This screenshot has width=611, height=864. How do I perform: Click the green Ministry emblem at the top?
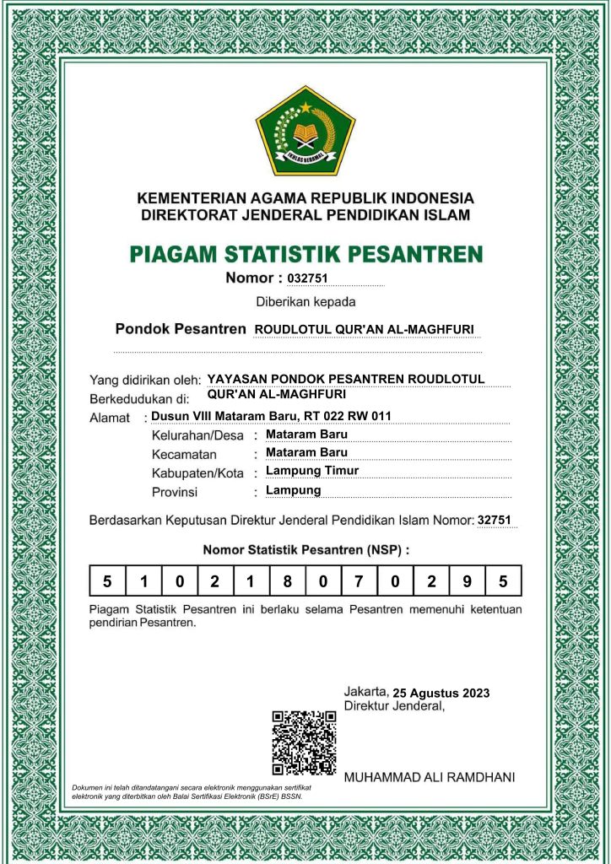[305, 130]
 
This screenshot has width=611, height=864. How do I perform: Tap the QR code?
[304, 742]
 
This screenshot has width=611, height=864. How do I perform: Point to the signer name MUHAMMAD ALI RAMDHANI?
[430, 776]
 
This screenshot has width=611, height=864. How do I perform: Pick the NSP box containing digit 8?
[287, 581]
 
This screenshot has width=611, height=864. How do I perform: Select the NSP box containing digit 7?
[359, 581]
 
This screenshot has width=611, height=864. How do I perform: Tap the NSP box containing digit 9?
[467, 581]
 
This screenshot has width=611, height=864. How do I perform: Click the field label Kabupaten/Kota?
[197, 472]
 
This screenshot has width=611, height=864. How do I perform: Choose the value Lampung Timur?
[311, 471]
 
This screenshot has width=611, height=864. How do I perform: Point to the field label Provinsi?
[175, 492]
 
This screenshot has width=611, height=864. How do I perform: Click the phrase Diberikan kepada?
[305, 301]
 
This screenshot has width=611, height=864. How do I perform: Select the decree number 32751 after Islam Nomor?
[495, 521]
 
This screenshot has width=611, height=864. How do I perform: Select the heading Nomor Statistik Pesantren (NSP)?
[305, 550]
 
